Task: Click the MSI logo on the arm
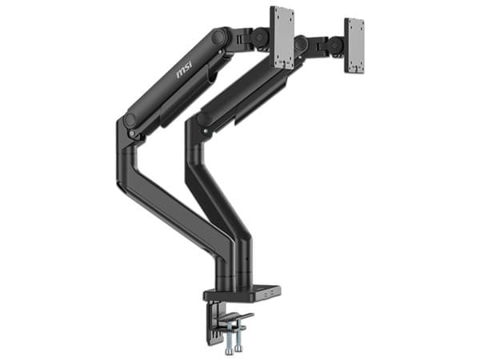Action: (x=183, y=73)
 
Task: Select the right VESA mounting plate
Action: (x=354, y=46)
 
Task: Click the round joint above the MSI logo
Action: (x=218, y=37)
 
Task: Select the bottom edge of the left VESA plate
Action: (x=282, y=65)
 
